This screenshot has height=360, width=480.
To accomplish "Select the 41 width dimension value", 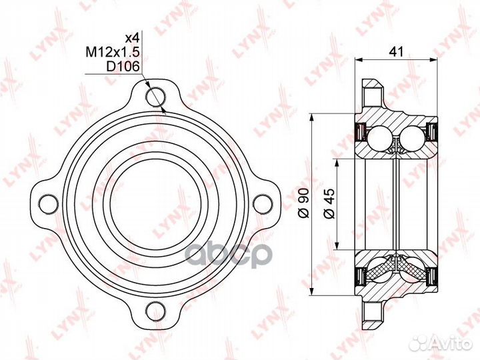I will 398,50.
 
